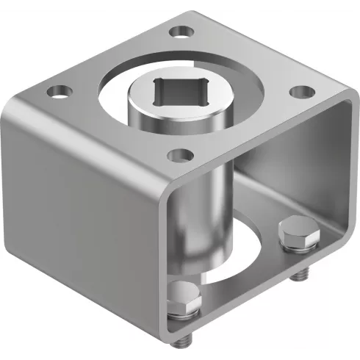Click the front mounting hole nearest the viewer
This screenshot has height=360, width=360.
(177, 155)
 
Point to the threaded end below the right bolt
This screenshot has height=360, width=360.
(299, 275)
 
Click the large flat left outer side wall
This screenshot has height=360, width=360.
(81, 220)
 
